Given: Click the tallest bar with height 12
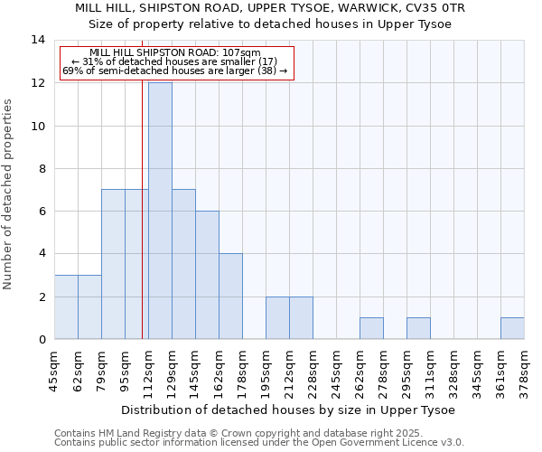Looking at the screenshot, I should pyautogui.click(x=160, y=211).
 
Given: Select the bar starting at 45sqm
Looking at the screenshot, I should pyautogui.click(x=66, y=307).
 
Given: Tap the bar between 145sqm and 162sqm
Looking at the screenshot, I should pyautogui.click(x=207, y=275).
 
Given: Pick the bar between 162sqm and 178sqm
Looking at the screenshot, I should pyautogui.click(x=230, y=297).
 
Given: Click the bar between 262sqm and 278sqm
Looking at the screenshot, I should pyautogui.click(x=371, y=329).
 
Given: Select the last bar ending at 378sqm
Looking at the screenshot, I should pyautogui.click(x=512, y=329).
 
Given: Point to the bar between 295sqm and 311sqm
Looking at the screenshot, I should pyautogui.click(x=418, y=329).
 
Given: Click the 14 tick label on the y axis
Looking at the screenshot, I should pyautogui.click(x=38, y=40).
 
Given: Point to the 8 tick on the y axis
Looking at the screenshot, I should pyautogui.click(x=42, y=168).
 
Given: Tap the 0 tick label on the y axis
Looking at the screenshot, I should pyautogui.click(x=42, y=340).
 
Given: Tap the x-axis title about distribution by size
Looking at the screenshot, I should pyautogui.click(x=287, y=410).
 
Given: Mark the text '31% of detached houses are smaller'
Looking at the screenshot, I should pyautogui.click(x=175, y=61).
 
